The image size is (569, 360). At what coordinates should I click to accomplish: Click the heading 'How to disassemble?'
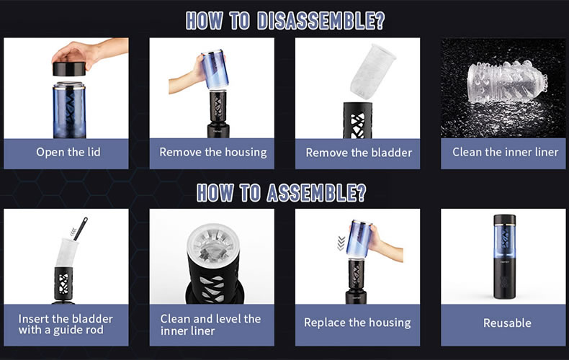pos(285,21)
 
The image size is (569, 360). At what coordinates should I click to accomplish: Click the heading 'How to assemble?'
pos(282,192)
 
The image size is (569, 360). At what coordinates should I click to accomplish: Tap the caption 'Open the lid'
pos(68,152)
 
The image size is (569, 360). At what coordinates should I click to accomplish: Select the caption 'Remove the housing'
pos(213,152)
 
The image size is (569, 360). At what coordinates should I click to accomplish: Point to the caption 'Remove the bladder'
pos(359,153)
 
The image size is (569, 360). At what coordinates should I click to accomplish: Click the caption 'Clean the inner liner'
pos(505,152)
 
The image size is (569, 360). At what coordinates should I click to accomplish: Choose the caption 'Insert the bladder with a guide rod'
pos(66,325)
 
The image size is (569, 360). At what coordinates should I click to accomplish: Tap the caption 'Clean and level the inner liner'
pos(210,325)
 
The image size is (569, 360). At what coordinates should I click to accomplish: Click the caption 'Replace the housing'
pos(357,323)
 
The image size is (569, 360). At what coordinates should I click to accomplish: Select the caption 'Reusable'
pos(507,323)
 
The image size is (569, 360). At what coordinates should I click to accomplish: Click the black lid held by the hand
pos(69,69)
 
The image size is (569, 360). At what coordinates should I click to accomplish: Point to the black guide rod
pos(81,229)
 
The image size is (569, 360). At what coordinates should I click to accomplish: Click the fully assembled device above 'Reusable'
pos(505,256)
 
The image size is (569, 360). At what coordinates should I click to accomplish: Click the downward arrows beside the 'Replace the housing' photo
pos(341,243)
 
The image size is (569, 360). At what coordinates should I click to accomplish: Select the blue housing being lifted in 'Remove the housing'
pos(215,70)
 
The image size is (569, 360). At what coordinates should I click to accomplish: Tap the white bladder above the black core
pos(372,72)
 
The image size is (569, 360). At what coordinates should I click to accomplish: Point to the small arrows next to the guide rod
pos(73,231)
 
